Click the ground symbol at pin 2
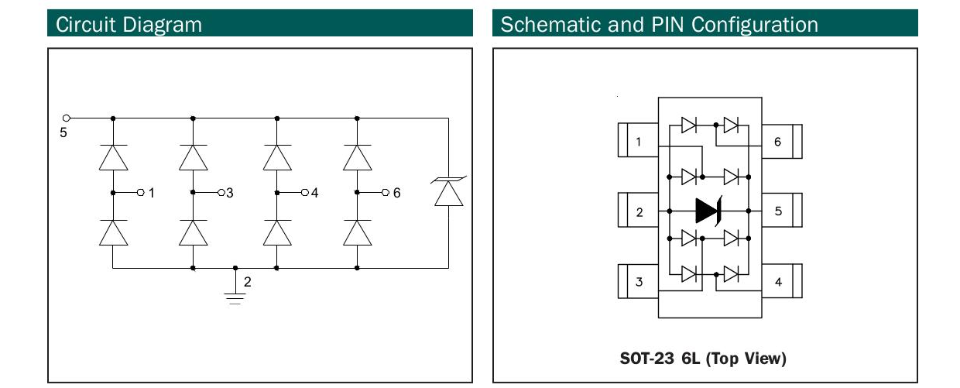(x=235, y=297)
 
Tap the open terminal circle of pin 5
(x=67, y=118)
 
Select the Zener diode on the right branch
(x=448, y=191)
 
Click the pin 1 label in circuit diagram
(x=152, y=193)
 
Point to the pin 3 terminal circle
(x=221, y=192)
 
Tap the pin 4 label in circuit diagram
(x=314, y=193)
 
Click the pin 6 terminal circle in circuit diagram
(x=385, y=192)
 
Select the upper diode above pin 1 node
(x=113, y=157)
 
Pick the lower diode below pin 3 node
(x=193, y=232)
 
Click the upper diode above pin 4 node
(x=277, y=157)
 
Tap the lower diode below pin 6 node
(x=357, y=232)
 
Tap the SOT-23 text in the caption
(x=645, y=359)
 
